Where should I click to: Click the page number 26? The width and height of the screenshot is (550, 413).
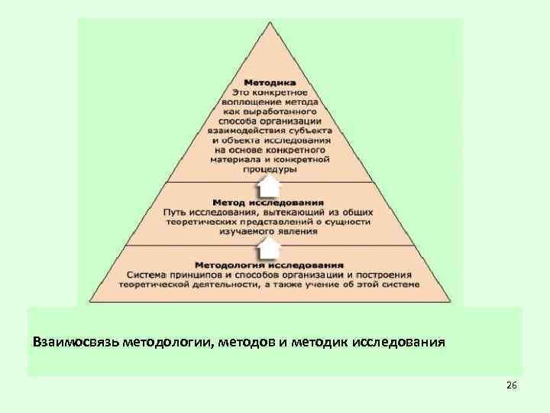[x=511, y=386]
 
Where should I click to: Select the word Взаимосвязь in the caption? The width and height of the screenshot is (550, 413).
[x=71, y=341]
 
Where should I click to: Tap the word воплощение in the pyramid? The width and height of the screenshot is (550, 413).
[x=247, y=102]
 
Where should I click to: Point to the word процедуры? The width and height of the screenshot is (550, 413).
[x=270, y=171]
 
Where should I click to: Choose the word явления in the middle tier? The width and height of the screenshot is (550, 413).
[x=299, y=230]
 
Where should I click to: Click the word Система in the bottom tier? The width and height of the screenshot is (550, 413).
[x=147, y=275]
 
